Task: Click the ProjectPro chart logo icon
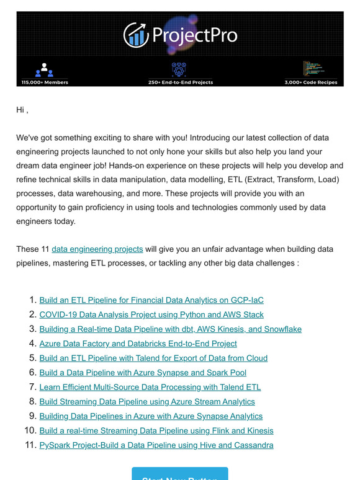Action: (136, 35)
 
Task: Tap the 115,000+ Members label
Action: (45, 82)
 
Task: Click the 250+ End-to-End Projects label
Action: (180, 82)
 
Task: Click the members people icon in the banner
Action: (45, 69)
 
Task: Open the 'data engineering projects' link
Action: (97, 249)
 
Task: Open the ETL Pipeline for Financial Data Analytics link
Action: (151, 300)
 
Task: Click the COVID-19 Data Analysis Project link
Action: (151, 314)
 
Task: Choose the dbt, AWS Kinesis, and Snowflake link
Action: (170, 329)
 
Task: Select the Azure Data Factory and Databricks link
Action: (138, 344)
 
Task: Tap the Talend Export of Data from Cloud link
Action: (153, 358)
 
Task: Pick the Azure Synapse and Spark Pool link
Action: (143, 373)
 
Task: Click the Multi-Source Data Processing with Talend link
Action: (150, 387)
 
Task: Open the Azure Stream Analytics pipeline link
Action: (147, 402)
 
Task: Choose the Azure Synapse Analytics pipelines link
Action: (151, 416)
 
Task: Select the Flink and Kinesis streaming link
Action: (156, 430)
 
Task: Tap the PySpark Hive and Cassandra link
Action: (156, 445)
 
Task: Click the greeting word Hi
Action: (21, 110)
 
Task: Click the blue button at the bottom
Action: (180, 474)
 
